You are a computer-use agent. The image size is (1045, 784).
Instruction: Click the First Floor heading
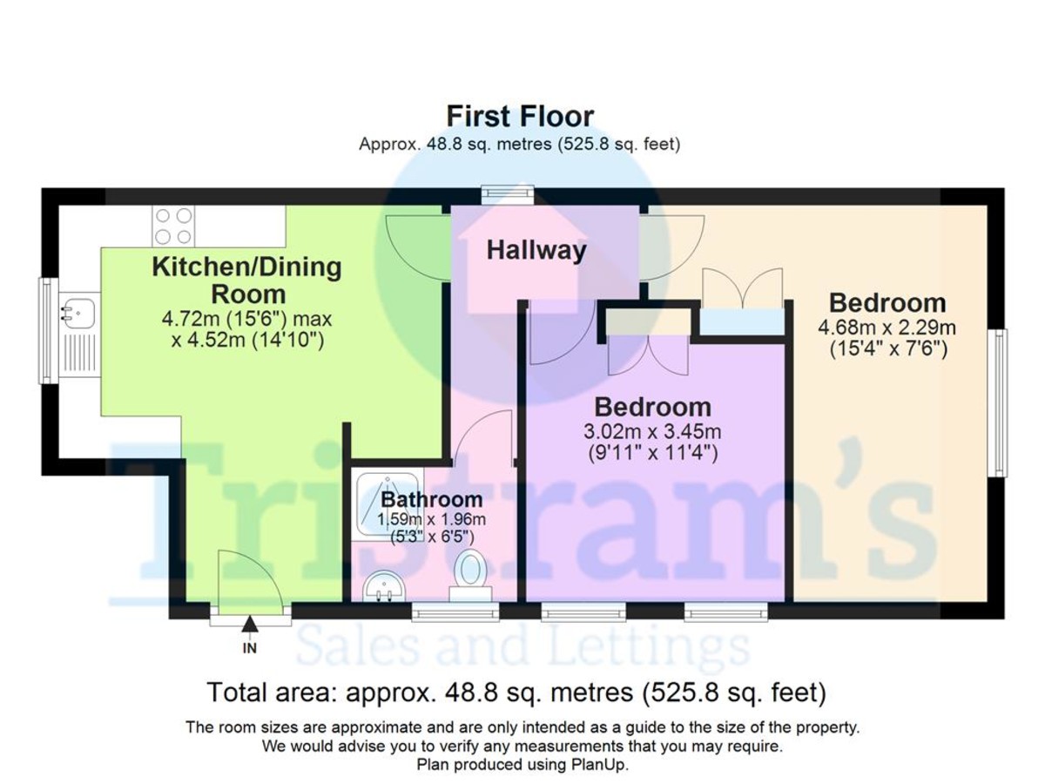tap(519, 116)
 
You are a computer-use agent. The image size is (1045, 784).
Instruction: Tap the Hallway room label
tap(536, 250)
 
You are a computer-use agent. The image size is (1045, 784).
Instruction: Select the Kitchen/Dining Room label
tap(247, 280)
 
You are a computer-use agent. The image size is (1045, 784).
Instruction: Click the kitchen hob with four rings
tap(173, 226)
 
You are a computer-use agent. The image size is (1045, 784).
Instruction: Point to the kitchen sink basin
tap(78, 314)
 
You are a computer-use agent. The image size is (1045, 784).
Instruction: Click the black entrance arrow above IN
tap(249, 624)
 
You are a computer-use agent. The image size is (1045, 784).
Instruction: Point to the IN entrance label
tap(249, 648)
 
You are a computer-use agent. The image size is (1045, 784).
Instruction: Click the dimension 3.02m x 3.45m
tap(652, 432)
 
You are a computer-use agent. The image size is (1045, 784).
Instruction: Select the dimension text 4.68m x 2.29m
tap(887, 328)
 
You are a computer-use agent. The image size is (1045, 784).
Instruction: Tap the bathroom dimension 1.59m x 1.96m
tap(431, 519)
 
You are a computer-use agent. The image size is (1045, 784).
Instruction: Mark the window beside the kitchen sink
tap(48, 331)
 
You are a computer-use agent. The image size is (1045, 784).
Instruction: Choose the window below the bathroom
tap(455, 612)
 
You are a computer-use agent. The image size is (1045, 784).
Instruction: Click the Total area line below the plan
tap(516, 693)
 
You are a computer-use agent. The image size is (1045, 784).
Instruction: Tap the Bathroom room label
tap(431, 499)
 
